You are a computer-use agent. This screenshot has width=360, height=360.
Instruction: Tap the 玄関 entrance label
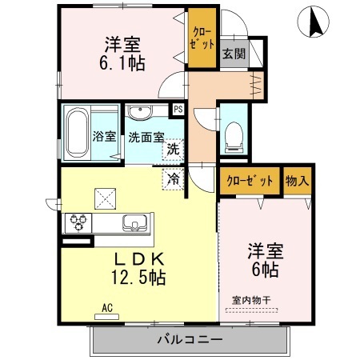pyautogui.click(x=233, y=54)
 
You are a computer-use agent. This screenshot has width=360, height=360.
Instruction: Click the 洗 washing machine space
pyautogui.click(x=173, y=149)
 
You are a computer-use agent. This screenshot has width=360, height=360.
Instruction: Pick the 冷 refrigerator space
pyautogui.click(x=173, y=179)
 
